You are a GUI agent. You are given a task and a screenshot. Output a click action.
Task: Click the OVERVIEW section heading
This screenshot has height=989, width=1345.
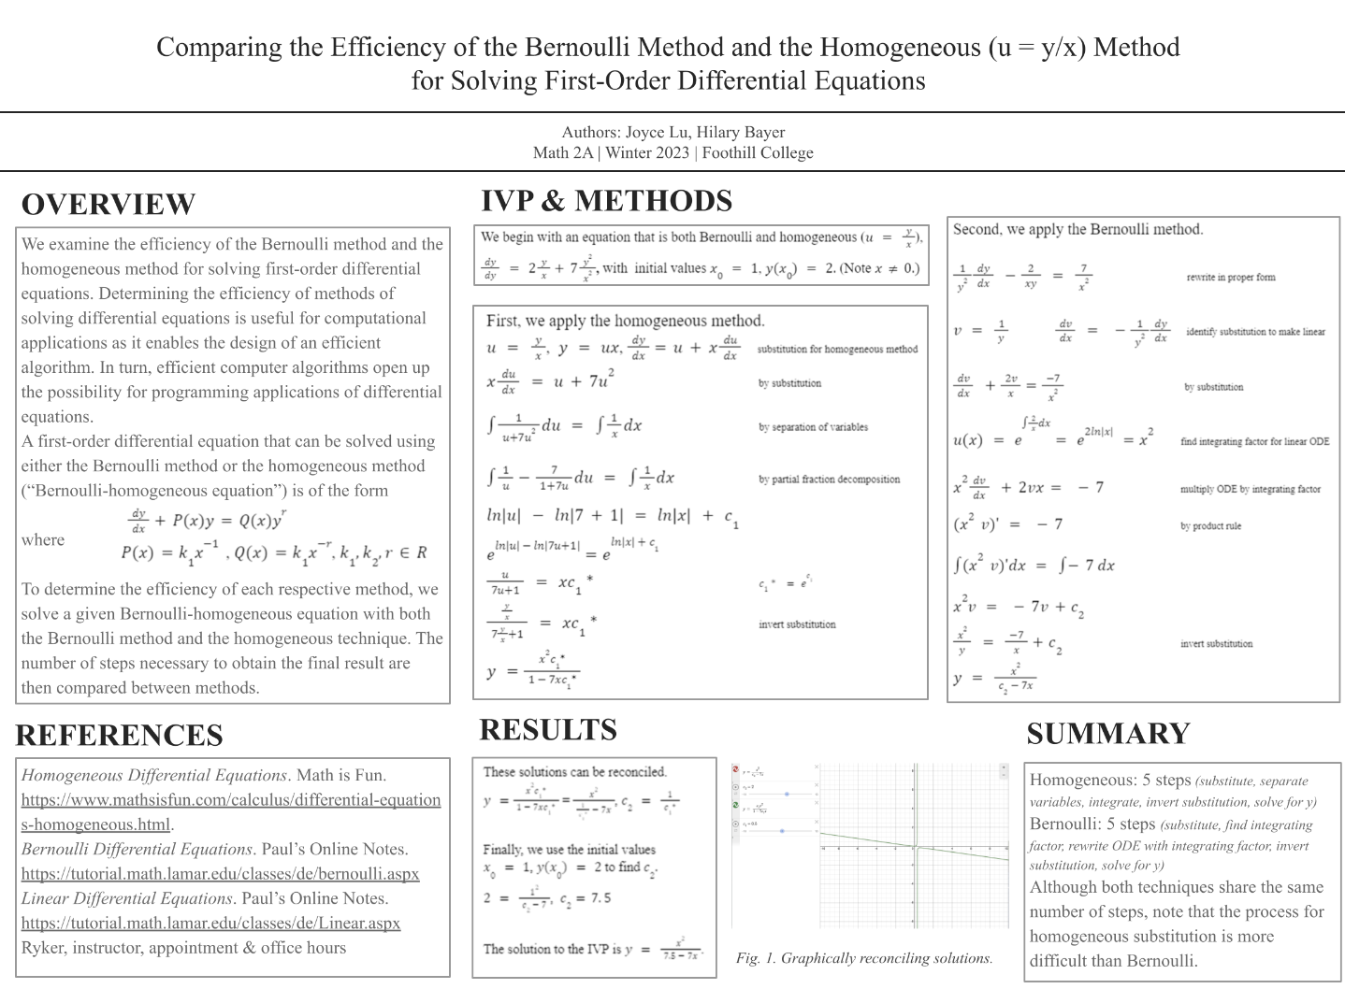click(x=108, y=205)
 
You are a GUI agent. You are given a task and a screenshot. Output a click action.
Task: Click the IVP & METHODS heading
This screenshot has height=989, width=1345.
click(x=606, y=201)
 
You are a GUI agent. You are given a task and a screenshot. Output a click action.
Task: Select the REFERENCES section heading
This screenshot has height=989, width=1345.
click(x=120, y=736)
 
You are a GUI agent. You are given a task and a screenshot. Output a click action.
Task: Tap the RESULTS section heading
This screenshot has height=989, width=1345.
click(x=548, y=730)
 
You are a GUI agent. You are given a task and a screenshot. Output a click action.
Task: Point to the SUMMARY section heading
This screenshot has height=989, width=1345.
click(x=1108, y=734)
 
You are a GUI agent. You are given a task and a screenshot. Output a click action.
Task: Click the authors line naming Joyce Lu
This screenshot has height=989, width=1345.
click(x=672, y=133)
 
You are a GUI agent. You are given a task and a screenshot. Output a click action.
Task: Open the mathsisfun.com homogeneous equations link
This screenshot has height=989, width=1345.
click(x=231, y=811)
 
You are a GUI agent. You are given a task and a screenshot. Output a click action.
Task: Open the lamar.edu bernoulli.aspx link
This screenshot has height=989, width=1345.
click(x=220, y=874)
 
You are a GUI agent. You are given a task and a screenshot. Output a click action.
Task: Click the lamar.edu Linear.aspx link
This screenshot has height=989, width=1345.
click(x=210, y=924)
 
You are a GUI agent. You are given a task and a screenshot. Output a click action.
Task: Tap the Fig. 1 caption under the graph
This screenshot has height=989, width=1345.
click(x=863, y=958)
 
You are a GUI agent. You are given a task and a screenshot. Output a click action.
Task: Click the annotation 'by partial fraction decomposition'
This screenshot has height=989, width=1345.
click(x=829, y=480)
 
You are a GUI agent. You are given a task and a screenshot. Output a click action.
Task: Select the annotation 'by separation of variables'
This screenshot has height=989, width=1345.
click(x=813, y=427)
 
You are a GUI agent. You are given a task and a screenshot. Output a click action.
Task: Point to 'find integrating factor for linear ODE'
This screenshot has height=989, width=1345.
click(x=1254, y=441)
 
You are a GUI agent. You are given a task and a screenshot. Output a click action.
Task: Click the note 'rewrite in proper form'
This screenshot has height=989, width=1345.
click(x=1230, y=277)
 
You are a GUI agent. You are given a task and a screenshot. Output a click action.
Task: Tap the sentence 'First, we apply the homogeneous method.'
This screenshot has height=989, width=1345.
click(x=625, y=321)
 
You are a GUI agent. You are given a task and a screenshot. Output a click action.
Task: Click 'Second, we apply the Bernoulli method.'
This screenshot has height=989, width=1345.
click(x=1077, y=229)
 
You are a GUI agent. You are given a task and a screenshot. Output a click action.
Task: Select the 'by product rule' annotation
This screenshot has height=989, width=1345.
click(x=1210, y=526)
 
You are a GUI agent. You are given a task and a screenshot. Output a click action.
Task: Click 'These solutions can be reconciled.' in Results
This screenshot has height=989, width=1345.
click(x=574, y=772)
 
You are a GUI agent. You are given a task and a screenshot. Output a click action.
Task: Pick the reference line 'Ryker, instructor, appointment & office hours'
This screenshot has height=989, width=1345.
click(x=183, y=948)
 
